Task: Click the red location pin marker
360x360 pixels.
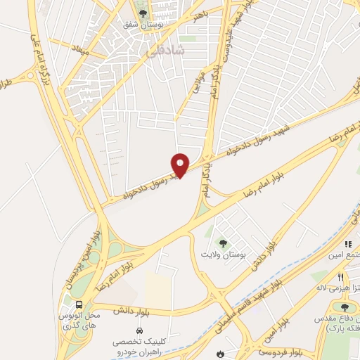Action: [x=181, y=165]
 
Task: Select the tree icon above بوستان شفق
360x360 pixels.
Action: [x=143, y=13]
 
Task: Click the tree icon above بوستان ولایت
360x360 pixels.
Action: [x=224, y=243]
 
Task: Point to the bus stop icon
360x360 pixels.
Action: [x=79, y=305]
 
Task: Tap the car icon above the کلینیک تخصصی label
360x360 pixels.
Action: [x=139, y=330]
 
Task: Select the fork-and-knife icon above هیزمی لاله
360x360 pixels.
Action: [x=341, y=278]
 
